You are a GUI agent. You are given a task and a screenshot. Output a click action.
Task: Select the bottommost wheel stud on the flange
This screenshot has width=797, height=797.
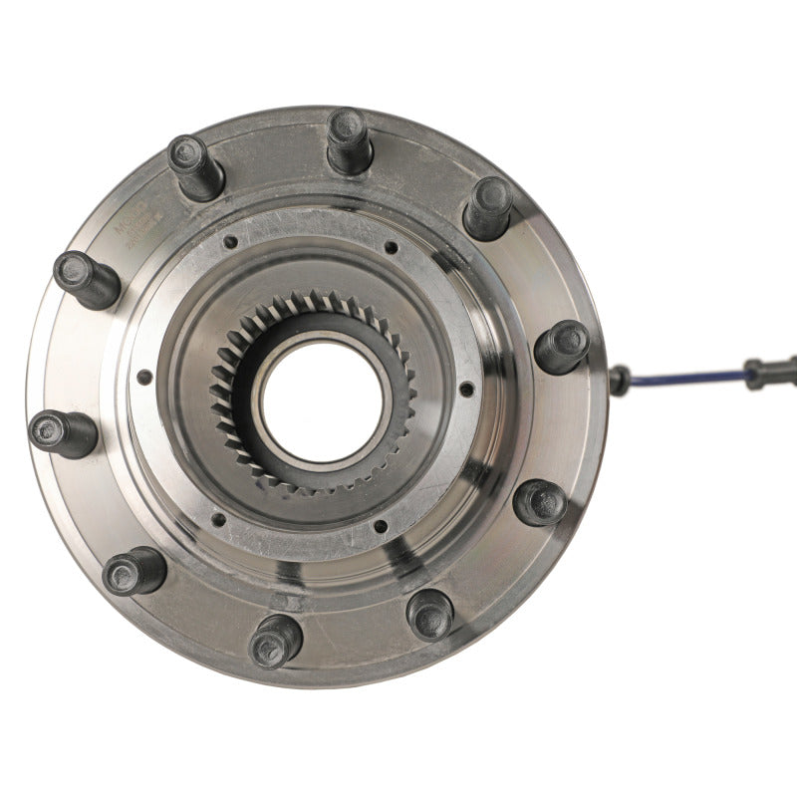pyautogui.click(x=276, y=639)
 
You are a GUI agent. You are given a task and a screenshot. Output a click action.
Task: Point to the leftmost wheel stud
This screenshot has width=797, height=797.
pyautogui.click(x=63, y=432)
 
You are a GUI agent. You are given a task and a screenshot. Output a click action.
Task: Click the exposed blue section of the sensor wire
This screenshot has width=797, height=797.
pyautogui.click(x=687, y=377)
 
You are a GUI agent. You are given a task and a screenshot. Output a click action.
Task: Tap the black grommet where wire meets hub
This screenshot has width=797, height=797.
pyautogui.click(x=620, y=380)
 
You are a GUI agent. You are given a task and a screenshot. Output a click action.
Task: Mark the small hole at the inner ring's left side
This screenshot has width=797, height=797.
pyautogui.click(x=146, y=378)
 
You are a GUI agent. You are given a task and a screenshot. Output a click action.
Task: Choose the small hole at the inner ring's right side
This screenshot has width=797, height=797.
pyautogui.click(x=464, y=389)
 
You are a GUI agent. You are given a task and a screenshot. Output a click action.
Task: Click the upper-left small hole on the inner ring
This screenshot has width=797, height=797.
pyautogui.click(x=230, y=242)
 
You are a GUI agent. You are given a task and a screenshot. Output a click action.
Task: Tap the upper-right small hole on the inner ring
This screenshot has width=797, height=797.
pyautogui.click(x=391, y=247)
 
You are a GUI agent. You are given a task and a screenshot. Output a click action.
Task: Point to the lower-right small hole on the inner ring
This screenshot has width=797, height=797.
pyautogui.click(x=379, y=525)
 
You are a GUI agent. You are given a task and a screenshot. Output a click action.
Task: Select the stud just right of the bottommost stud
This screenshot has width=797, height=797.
pyautogui.click(x=430, y=614)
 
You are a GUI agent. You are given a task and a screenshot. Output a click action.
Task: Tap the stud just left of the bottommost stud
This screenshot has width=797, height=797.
pyautogui.click(x=133, y=571)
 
